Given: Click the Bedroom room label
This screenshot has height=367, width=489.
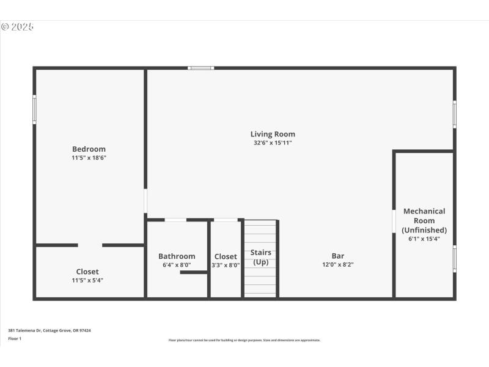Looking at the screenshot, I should pos(89,149).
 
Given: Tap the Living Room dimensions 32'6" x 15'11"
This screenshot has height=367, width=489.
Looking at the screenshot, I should pos(273,143).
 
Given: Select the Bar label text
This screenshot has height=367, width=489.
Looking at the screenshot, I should pos(338,256).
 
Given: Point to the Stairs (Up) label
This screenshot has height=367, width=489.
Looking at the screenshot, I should pos(261,257).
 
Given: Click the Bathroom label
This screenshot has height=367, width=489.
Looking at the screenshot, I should pos(177,256).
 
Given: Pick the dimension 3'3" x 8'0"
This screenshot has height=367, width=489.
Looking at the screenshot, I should pos(226,265).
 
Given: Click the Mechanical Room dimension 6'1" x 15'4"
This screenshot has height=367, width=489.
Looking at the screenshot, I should pos(424,239).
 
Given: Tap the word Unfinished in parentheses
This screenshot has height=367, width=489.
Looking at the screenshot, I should pos(424,230).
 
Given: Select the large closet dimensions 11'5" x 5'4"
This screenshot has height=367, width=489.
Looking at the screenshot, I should pos(87,280).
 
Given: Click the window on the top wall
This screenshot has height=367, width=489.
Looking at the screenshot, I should pos(200,67).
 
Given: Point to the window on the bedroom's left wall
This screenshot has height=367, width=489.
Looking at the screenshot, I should pos(34,109).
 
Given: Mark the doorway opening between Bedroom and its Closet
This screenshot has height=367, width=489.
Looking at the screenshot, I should pos(90,245).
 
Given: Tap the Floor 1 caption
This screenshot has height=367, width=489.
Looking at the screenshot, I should pos(15,338).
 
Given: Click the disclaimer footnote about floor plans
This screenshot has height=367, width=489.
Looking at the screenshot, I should pos(244,340).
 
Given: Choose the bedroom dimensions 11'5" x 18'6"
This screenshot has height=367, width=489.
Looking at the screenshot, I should pos(89,158).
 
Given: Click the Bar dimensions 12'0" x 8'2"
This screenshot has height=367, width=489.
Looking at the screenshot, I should pos(338,265).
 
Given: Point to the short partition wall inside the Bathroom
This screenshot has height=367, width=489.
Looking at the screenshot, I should pos(193,272).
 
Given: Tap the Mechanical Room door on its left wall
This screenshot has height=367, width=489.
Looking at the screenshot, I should pos(394,221).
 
